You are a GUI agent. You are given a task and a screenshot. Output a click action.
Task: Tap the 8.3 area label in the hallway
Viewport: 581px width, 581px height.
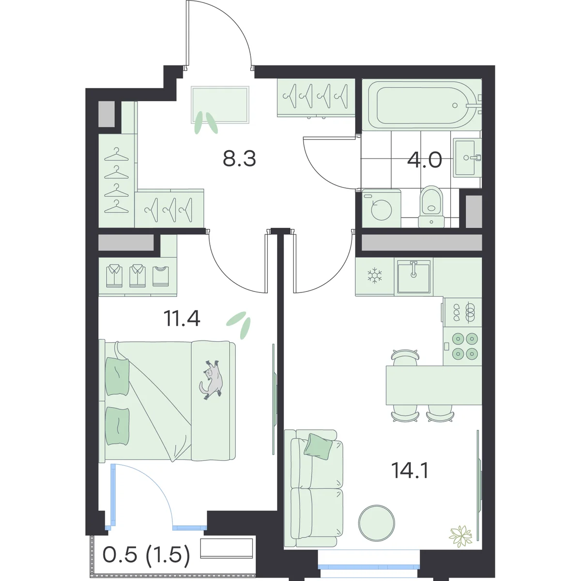pos(239,159)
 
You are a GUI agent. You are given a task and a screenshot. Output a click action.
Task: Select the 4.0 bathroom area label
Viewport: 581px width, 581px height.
pos(425,160)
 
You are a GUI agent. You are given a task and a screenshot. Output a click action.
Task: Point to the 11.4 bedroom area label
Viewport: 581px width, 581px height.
pos(182,319)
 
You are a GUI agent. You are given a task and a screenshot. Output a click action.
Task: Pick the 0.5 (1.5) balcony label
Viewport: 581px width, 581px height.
pos(147,555)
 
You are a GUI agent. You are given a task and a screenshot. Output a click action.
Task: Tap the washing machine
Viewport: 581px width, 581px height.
pos(382,208)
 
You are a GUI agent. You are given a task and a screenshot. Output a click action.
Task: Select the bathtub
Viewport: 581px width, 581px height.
pos(422,105)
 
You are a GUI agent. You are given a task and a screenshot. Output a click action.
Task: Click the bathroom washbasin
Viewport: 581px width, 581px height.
pos(467,157)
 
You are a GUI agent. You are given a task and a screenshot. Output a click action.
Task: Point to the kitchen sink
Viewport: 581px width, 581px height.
pos(413,276)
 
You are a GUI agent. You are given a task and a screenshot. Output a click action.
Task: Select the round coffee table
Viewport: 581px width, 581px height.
pos(377,523)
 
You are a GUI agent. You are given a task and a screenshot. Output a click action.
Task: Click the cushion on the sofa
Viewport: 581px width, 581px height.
pos(318,446)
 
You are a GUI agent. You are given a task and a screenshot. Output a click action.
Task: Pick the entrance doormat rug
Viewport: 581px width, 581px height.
pos(220,105)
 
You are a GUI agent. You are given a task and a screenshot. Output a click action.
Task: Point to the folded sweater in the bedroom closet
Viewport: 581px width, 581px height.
pos(161,276)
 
